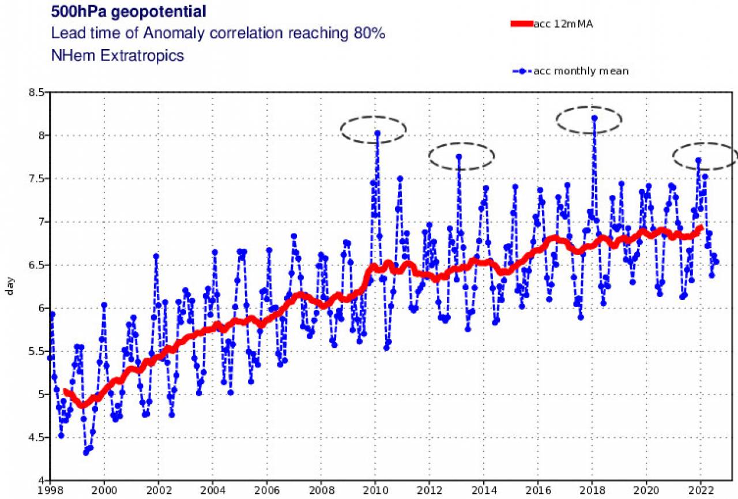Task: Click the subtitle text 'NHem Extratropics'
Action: [x=118, y=55]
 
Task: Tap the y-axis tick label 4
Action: [x=42, y=481]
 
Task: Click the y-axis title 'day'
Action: [x=10, y=287]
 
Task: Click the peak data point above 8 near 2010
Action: [x=378, y=133]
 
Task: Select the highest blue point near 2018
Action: [x=594, y=118]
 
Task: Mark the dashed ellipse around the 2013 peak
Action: [x=462, y=155]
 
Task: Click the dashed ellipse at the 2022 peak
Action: [x=705, y=155]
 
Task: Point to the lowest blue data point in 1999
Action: [x=86, y=452]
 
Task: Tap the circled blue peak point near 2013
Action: [x=459, y=156]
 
